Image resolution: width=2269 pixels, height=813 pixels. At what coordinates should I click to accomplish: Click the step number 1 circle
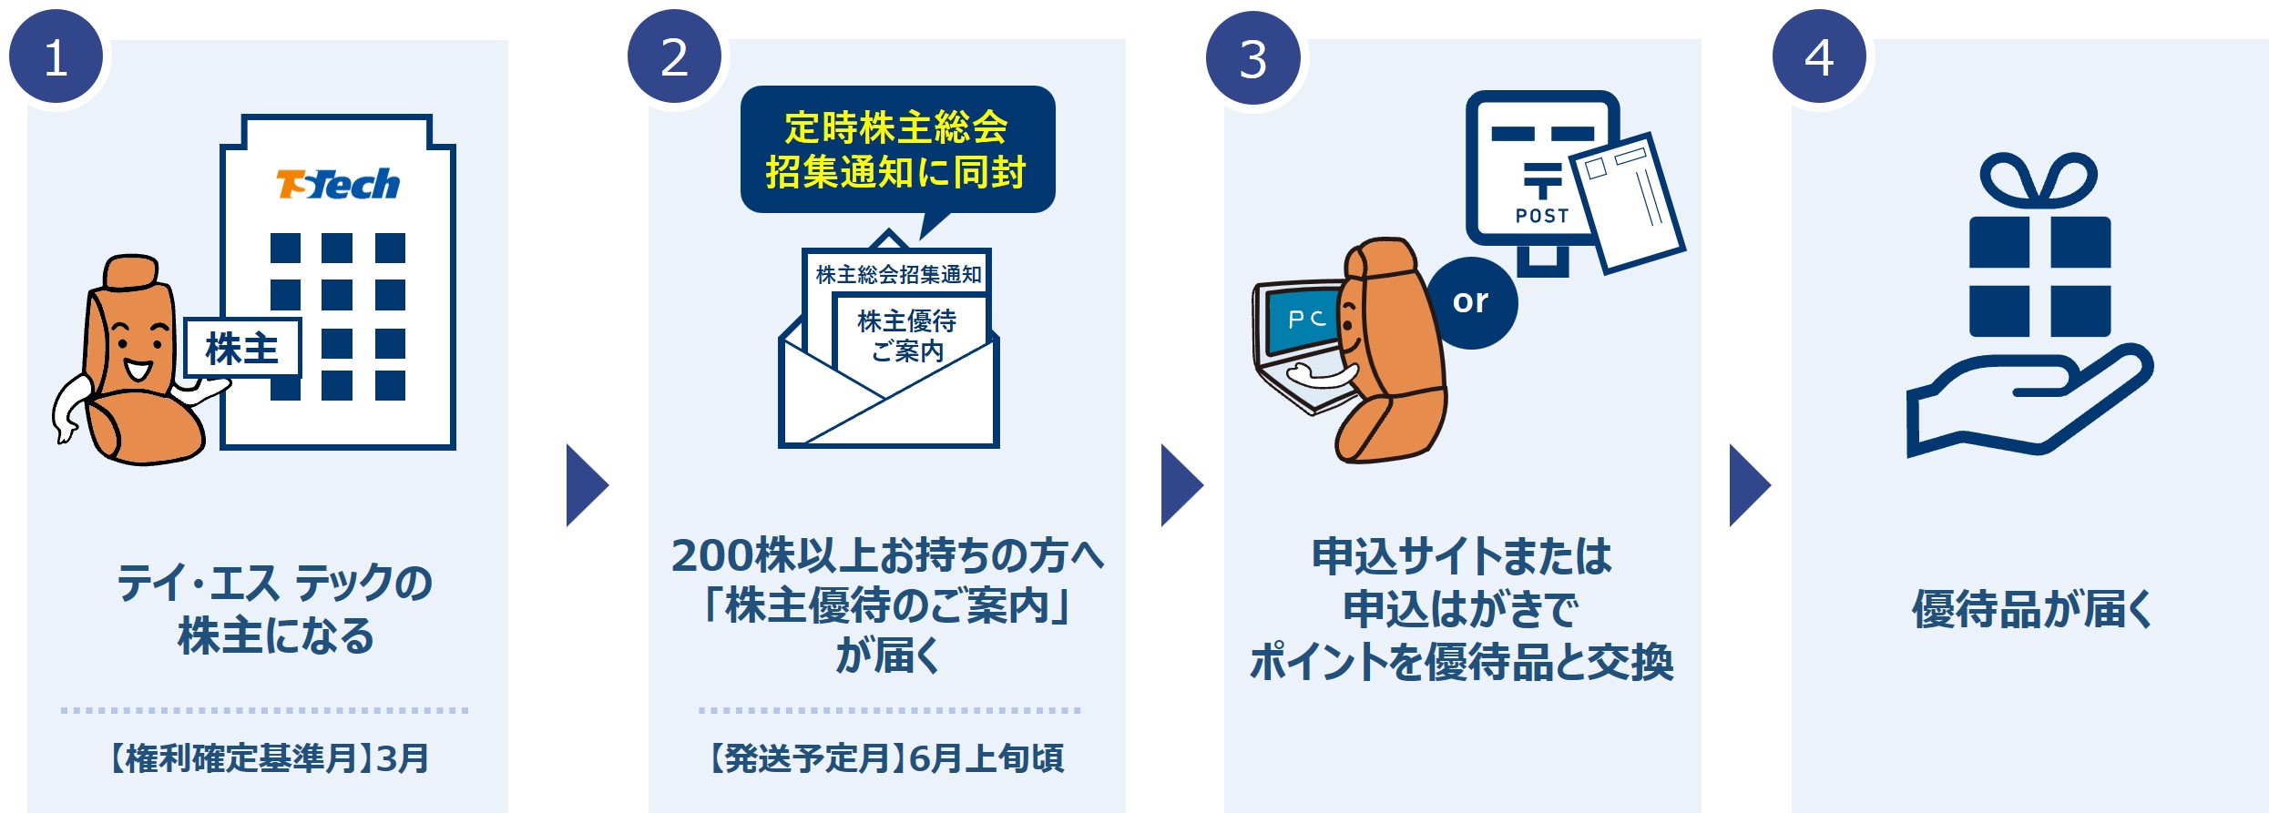(x=56, y=58)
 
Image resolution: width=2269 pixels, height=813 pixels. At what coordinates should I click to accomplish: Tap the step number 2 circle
(x=674, y=57)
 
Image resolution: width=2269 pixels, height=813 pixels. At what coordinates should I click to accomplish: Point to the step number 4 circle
(x=1819, y=57)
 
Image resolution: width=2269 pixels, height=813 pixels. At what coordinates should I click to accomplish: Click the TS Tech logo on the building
(x=338, y=184)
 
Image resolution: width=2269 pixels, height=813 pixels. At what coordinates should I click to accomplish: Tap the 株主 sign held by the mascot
(x=242, y=348)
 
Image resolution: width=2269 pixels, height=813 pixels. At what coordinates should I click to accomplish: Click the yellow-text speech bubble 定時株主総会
(x=897, y=149)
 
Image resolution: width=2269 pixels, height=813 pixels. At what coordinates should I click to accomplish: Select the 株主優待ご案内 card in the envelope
(x=907, y=335)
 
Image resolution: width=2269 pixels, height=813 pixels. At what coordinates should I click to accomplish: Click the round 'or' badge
(x=1470, y=301)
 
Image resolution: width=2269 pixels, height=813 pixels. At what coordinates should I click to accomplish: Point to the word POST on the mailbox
(x=1542, y=216)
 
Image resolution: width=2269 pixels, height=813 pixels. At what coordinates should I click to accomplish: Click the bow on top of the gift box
(x=2039, y=180)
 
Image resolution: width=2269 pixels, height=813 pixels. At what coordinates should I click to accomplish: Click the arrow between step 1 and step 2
(x=586, y=485)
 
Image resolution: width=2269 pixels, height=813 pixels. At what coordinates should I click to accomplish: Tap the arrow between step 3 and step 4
(x=1749, y=485)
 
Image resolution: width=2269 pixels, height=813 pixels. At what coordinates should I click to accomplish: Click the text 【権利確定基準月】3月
(x=270, y=757)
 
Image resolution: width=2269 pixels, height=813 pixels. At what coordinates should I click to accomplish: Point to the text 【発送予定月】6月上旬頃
(x=886, y=757)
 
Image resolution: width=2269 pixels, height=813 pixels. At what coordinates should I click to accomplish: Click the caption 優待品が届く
(x=2031, y=609)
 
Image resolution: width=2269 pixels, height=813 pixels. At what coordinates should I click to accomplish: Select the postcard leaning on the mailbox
(x=1630, y=202)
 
